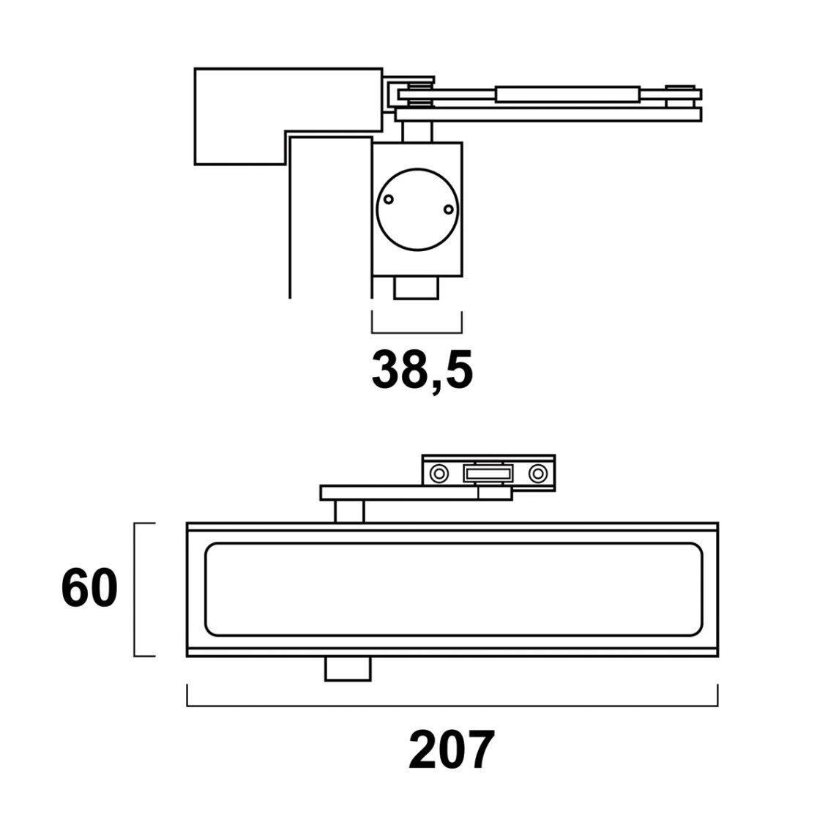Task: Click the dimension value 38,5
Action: [422, 370]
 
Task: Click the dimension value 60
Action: [89, 589]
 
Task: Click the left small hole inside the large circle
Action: [388, 199]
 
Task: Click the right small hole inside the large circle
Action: [448, 209]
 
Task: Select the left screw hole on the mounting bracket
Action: [439, 474]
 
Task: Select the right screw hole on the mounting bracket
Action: [538, 474]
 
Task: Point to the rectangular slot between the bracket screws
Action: [488, 474]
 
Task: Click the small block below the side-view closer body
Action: [416, 288]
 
